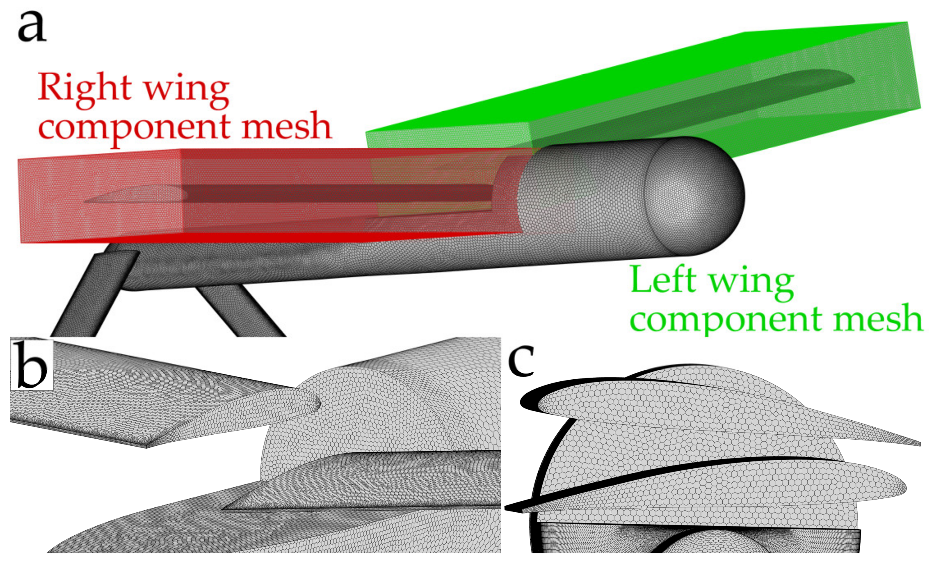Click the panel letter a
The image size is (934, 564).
coord(32,27)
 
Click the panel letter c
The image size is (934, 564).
coord(521,361)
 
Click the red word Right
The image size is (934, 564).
coord(84,88)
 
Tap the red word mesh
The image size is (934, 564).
coord(286,126)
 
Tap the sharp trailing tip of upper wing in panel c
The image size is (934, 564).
coord(917,444)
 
